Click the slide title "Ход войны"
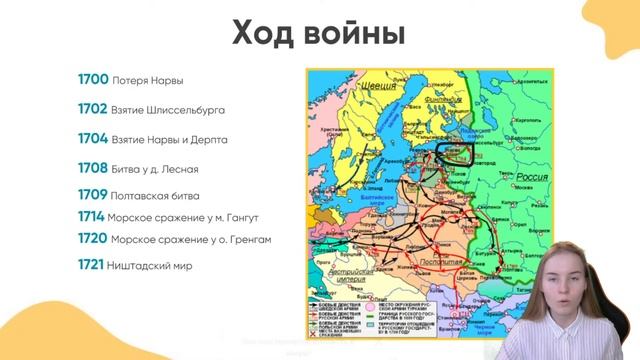319,34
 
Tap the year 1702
94,108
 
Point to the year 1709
94,195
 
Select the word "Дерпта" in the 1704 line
208,140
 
